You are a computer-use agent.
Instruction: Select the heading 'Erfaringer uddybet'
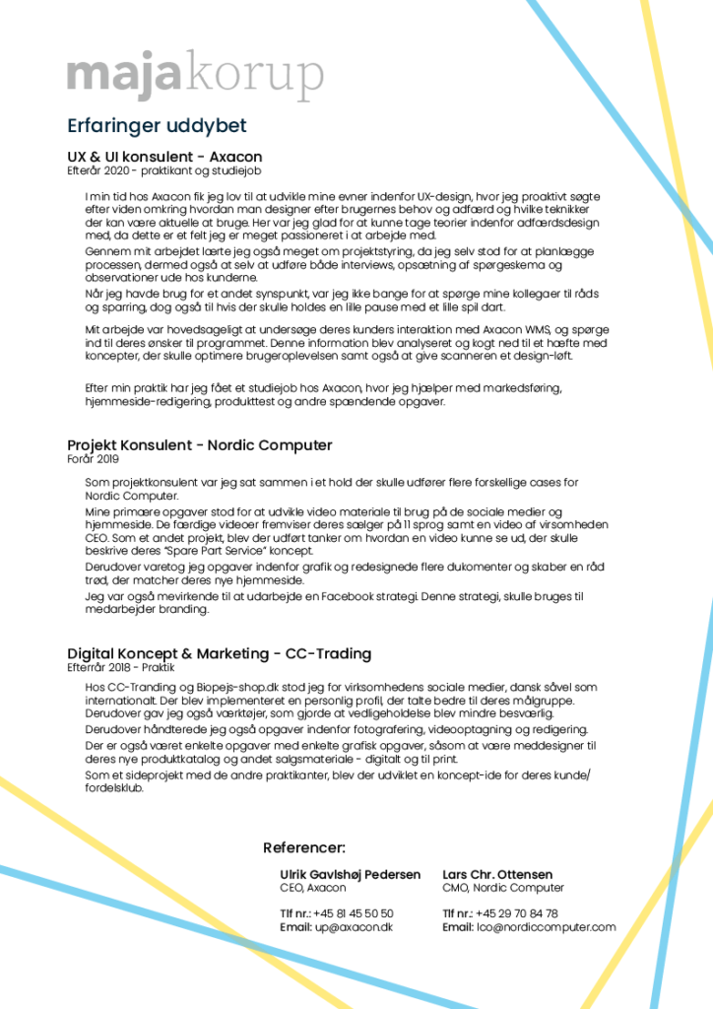point(157,126)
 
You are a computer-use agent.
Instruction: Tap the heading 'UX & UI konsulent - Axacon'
point(164,157)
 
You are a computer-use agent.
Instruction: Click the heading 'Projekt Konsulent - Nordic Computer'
point(200,445)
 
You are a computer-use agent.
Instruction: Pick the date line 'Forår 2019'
point(93,458)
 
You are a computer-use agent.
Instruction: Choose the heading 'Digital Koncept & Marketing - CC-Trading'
point(219,654)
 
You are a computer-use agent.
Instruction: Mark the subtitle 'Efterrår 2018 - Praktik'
point(120,667)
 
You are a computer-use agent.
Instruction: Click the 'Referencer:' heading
point(304,847)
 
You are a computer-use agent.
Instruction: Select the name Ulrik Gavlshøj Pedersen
point(351,875)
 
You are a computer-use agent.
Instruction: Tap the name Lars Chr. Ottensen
point(497,875)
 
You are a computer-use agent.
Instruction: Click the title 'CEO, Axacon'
point(313,888)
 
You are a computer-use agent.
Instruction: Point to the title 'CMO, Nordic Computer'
point(503,888)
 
